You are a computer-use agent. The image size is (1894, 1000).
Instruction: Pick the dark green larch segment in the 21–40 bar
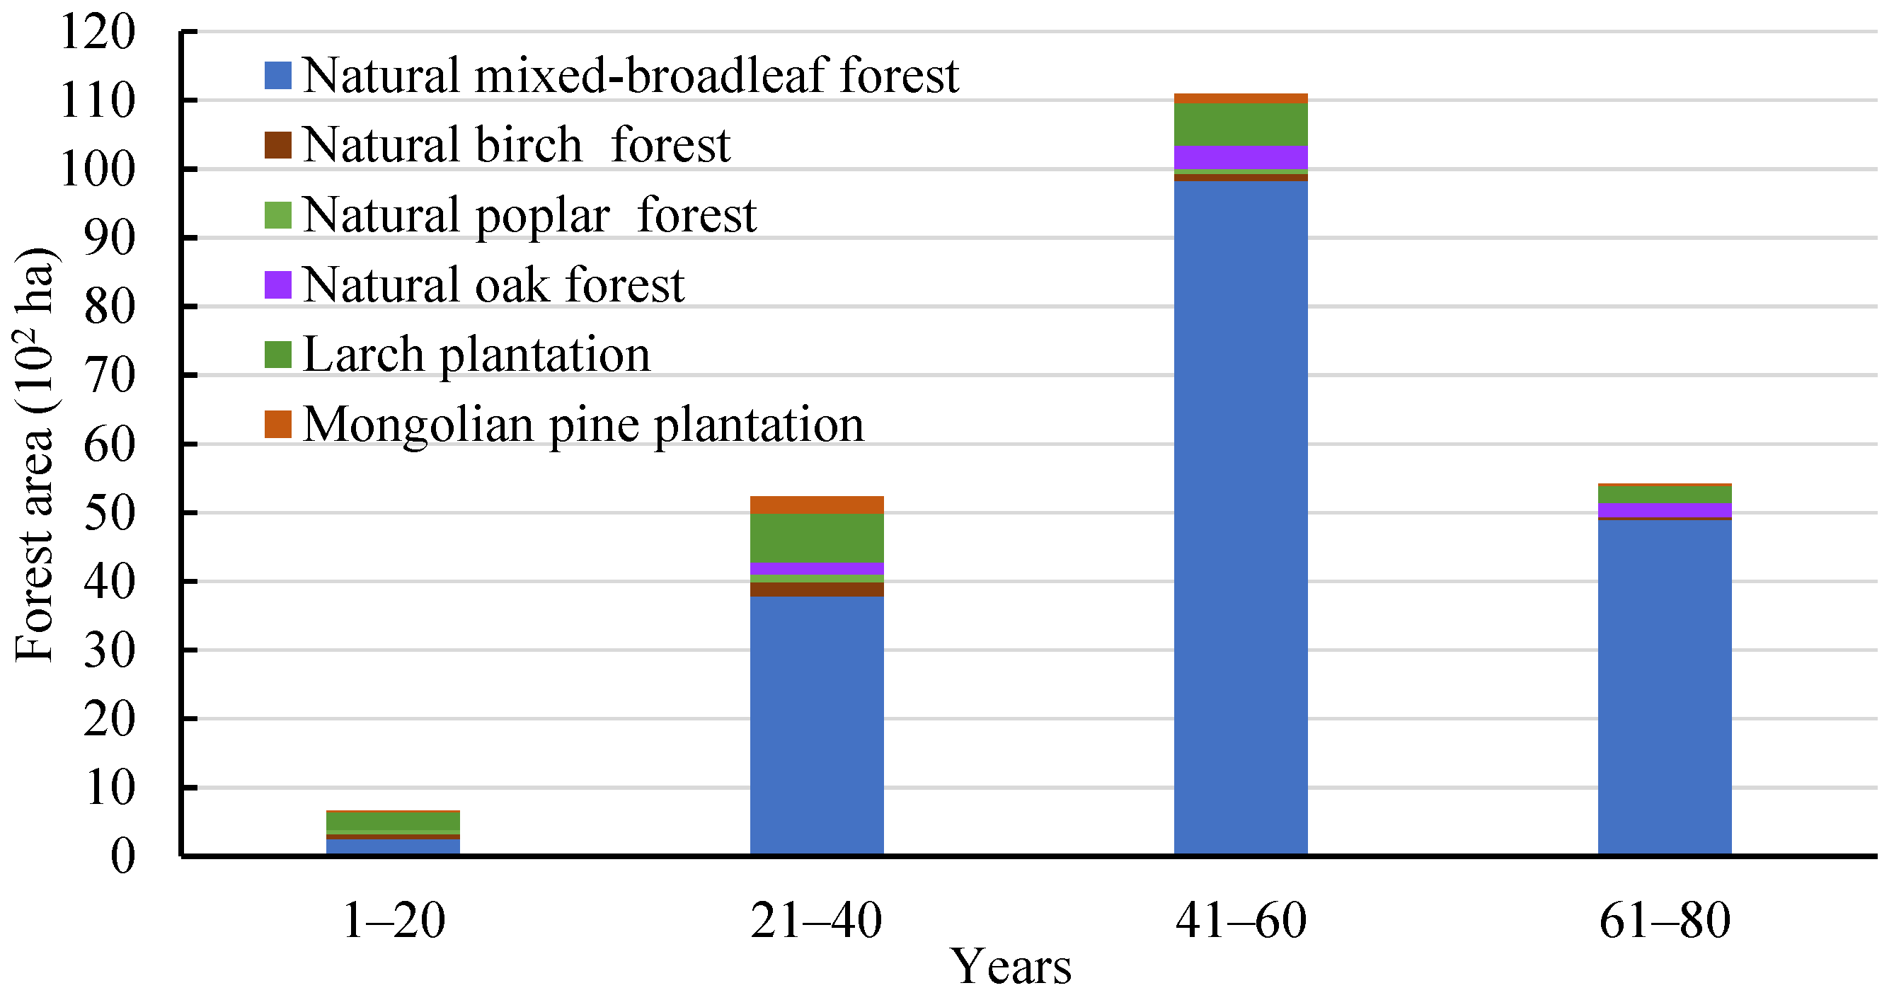pos(816,539)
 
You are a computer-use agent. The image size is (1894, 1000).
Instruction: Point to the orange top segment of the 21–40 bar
pos(816,505)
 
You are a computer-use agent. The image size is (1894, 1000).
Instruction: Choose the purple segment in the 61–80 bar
pos(1664,510)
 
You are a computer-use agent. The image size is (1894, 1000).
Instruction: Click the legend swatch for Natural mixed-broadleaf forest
pos(278,75)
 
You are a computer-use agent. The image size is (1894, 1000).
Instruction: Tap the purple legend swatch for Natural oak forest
pos(278,285)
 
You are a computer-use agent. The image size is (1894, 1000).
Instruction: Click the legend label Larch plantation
pos(476,355)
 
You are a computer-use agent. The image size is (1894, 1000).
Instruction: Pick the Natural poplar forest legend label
pos(529,214)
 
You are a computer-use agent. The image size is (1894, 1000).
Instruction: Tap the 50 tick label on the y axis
pos(110,513)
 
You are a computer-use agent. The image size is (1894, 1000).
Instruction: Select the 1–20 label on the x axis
pos(394,920)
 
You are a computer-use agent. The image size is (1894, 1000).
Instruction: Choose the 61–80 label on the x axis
pos(1665,920)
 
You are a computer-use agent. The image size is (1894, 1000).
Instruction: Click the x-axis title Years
pos(1011,966)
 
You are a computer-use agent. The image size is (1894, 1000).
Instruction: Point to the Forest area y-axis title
pos(34,456)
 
